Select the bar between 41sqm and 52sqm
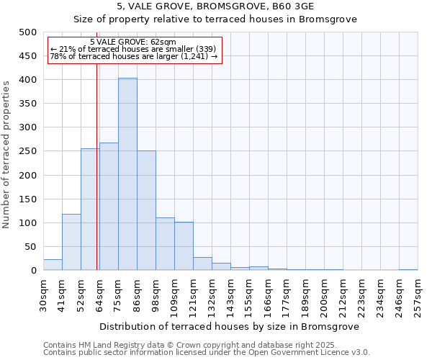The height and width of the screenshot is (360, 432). (x=71, y=242)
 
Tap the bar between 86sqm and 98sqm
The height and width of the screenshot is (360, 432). (x=146, y=210)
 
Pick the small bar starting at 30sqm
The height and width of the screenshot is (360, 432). (x=53, y=265)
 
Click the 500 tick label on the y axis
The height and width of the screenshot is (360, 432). (x=27, y=32)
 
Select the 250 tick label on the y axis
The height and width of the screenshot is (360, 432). (x=27, y=151)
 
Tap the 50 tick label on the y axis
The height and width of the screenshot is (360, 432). (x=30, y=247)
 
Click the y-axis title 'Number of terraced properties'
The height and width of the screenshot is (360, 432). (x=6, y=154)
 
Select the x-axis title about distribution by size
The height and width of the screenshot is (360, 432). (x=230, y=326)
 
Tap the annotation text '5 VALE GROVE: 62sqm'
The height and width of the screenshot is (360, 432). (x=133, y=42)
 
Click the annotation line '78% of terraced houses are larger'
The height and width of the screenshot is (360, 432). (x=133, y=56)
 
